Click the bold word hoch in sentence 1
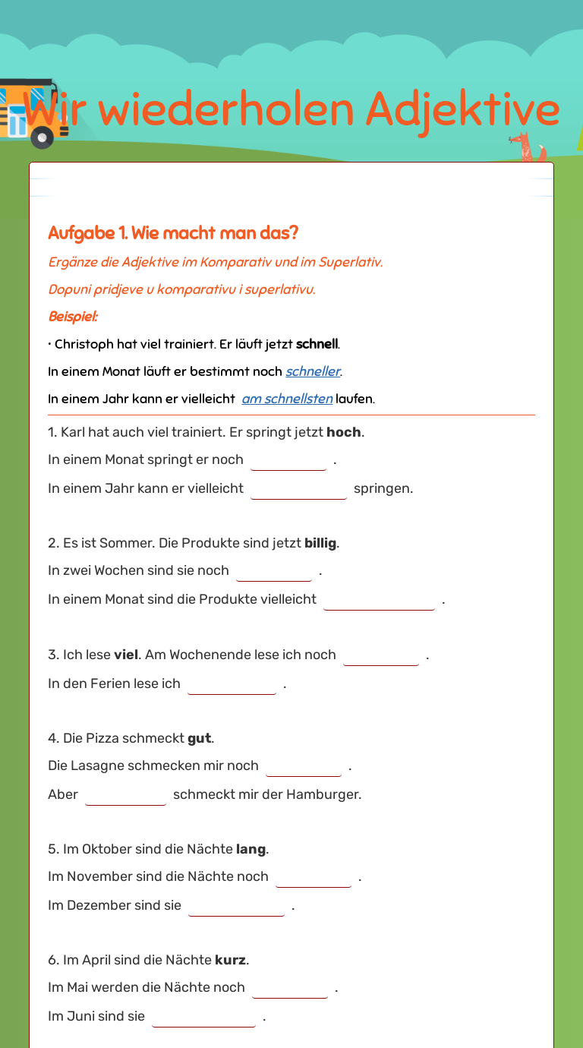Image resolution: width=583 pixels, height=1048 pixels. [344, 432]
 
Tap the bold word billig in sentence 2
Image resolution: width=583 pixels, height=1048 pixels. [320, 543]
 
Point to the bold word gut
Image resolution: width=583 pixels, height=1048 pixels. [199, 738]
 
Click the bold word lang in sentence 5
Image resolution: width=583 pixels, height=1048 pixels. [251, 849]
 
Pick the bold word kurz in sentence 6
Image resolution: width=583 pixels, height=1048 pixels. [230, 960]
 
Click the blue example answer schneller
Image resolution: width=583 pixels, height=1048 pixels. [313, 371]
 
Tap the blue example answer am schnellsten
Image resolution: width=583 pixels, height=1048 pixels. [287, 399]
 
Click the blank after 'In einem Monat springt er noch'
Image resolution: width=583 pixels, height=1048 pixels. [288, 461]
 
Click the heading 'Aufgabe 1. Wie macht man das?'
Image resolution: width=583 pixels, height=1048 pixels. [173, 233]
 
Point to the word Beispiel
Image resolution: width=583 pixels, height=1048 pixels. [73, 317]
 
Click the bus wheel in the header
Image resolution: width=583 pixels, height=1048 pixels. [42, 137]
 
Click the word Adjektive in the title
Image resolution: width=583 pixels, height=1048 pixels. [462, 110]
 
